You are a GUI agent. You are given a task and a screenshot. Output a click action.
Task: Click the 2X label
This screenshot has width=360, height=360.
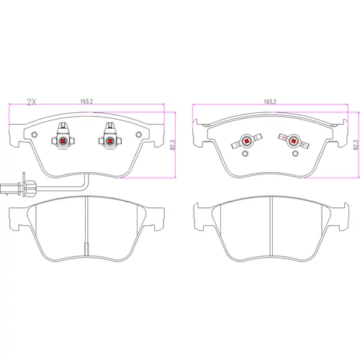32,102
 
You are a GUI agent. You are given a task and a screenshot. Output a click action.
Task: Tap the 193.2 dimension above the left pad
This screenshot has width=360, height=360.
86,102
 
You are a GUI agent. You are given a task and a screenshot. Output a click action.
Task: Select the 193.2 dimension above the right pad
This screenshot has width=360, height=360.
270,102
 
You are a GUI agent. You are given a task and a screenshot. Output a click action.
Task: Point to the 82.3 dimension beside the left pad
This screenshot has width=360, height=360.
173,145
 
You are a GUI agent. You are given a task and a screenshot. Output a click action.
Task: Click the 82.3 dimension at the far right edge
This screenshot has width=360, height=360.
356,145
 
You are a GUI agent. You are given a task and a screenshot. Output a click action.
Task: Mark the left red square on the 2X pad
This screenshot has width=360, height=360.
63,141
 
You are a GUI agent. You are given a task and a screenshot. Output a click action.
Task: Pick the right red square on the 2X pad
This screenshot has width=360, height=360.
110,141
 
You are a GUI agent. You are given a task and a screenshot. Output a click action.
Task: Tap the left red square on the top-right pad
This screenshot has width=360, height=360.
246,141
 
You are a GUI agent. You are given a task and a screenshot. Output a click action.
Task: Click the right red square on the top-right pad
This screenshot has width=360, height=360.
293,141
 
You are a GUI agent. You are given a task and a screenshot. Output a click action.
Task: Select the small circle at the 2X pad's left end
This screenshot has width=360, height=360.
35,135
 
